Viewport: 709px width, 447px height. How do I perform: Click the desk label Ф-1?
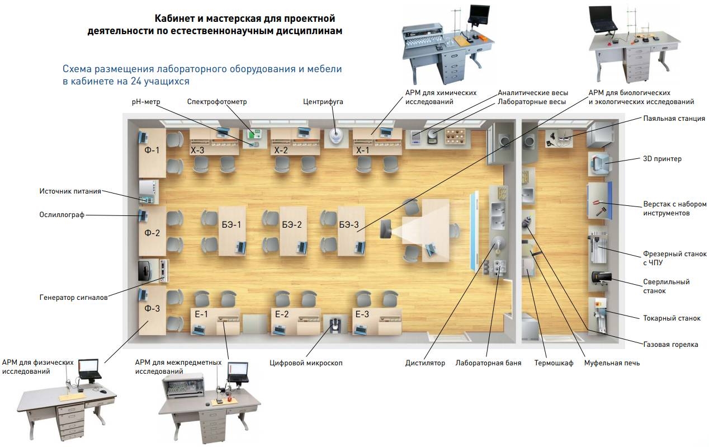point(152,150)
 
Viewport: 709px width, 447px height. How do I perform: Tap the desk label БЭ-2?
point(292,225)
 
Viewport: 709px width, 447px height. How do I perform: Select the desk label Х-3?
point(198,150)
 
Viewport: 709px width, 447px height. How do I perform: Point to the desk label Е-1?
point(201,314)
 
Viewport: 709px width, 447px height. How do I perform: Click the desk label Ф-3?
point(152,308)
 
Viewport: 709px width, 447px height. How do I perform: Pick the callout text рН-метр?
point(146,102)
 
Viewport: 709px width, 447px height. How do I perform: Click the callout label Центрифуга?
point(323,102)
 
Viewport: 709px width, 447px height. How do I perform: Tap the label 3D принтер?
point(663,159)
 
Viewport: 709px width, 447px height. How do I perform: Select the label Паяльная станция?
point(674,119)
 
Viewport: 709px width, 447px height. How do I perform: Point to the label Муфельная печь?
point(612,363)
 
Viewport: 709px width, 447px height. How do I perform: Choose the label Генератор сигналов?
point(73,297)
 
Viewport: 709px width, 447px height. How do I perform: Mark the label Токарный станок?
point(672,318)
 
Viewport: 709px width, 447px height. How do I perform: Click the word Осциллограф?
point(62,214)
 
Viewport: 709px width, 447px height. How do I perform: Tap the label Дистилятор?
point(425,363)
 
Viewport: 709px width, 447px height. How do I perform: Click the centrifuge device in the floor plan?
point(335,136)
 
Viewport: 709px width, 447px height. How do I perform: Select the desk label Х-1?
point(363,150)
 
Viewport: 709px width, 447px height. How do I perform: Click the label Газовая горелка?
point(670,345)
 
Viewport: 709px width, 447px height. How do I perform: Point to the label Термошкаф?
point(554,363)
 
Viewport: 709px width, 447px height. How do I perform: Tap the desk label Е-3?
point(362,314)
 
